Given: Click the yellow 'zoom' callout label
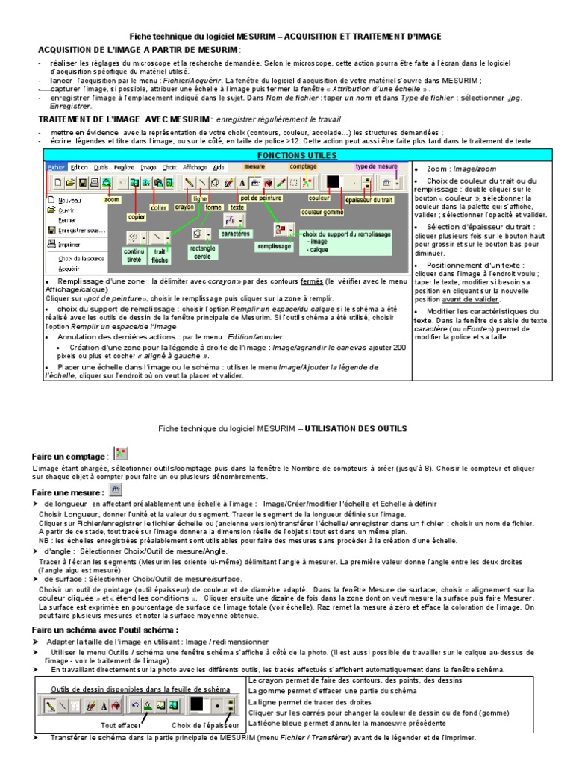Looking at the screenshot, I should click(x=112, y=200).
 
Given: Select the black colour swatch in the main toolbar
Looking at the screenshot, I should click(x=333, y=181).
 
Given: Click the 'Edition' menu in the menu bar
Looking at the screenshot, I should click(x=79, y=167).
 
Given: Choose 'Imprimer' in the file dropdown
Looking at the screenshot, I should click(x=69, y=243).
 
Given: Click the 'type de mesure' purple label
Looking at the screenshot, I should click(x=376, y=166).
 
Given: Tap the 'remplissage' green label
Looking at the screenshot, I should click(x=274, y=244).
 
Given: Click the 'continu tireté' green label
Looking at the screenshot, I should click(x=134, y=256).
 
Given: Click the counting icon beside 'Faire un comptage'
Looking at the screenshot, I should click(x=122, y=454).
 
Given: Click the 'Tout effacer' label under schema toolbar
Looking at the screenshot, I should click(x=121, y=724).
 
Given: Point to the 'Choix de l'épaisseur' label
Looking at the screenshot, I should click(x=202, y=724).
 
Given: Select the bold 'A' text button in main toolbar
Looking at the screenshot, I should click(x=243, y=181).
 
